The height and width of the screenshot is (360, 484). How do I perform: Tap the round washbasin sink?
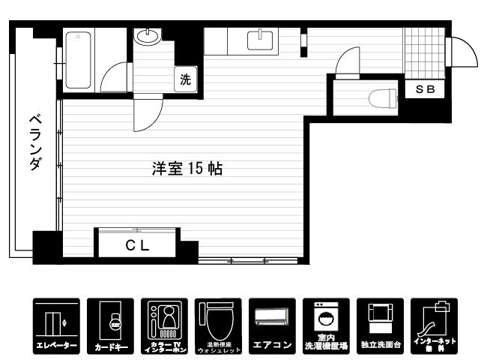[x=147, y=37]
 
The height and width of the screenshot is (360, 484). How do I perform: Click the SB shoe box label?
[x=425, y=89]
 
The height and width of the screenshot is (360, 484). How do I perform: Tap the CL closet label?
[x=136, y=244]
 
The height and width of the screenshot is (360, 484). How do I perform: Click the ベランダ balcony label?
[x=35, y=142]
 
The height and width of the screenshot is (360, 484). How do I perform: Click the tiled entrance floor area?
[x=423, y=51]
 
